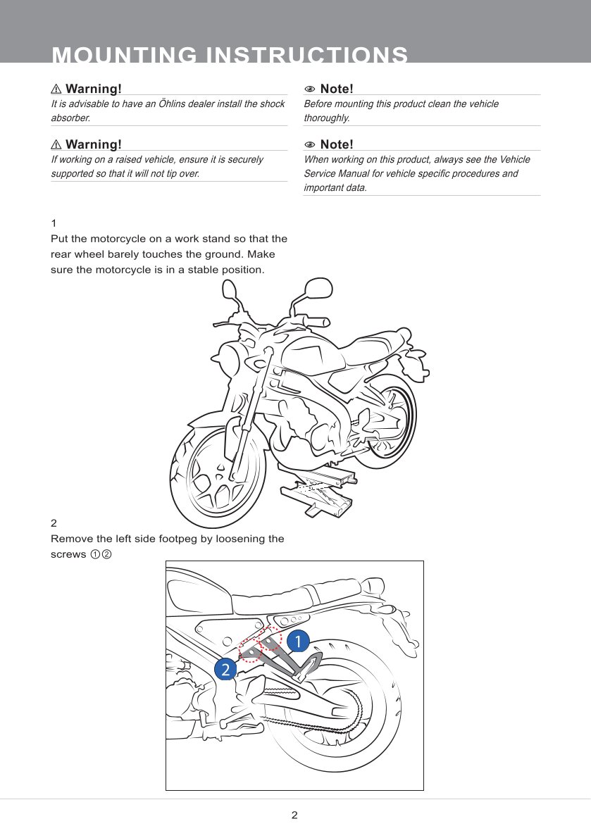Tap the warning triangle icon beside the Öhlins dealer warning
click(56, 89)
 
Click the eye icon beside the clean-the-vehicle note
click(309, 89)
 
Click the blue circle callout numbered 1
click(297, 641)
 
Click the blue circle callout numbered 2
click(225, 669)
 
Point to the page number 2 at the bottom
click(294, 815)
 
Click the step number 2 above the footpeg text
click(54, 523)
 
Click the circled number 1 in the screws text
click(94, 554)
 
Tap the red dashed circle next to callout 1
click(271, 639)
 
